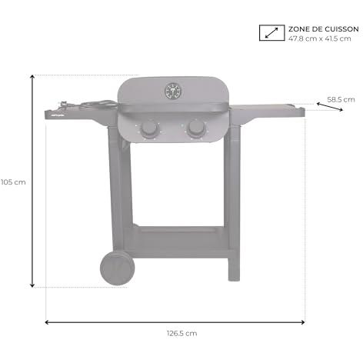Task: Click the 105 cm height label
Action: (13, 182)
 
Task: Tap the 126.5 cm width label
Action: (181, 333)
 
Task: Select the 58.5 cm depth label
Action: (341, 99)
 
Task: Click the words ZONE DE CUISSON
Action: (324, 29)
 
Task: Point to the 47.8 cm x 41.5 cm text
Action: (319, 38)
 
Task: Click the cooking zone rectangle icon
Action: (271, 33)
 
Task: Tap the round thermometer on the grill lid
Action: (173, 92)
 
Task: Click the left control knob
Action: (149, 128)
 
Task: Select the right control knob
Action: (196, 128)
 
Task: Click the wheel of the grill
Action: (117, 268)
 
